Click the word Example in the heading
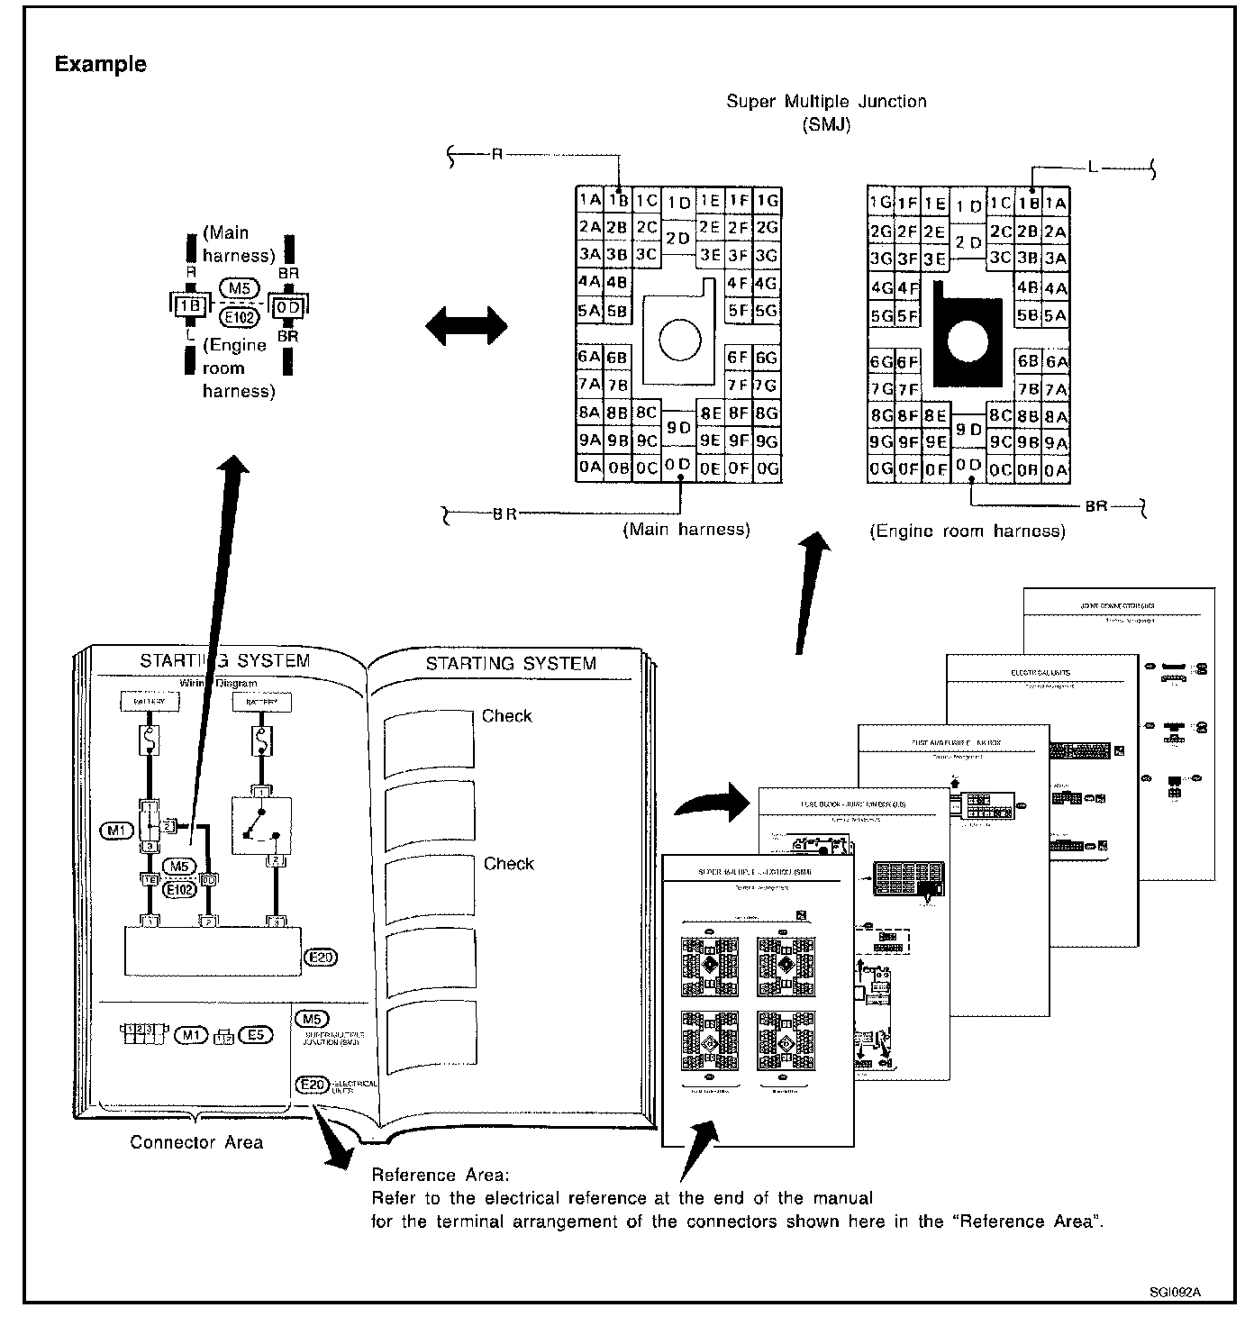[100, 64]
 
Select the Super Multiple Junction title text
[826, 102]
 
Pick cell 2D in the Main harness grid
[677, 239]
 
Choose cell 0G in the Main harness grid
[767, 468]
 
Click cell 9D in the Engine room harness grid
[968, 430]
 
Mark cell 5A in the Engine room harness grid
[1055, 316]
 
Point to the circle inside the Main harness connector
[679, 339]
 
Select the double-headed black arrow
[467, 325]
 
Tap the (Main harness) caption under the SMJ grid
[686, 530]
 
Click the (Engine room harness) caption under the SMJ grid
[968, 531]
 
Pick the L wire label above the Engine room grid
[1093, 168]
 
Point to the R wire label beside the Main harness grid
[495, 154]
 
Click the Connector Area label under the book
[196, 1142]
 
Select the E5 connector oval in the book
[256, 1035]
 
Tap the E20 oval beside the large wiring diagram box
[322, 958]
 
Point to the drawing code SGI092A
[1175, 1292]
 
